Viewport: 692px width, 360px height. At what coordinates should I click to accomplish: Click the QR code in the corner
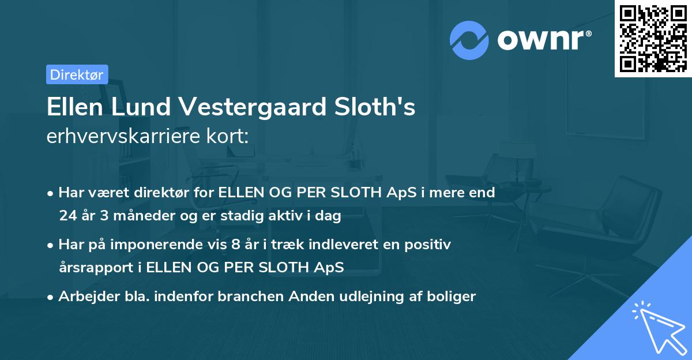(x=653, y=38)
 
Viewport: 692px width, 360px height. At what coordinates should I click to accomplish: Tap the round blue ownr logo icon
(x=469, y=40)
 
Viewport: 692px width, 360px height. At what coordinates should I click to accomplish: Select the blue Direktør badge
(x=77, y=74)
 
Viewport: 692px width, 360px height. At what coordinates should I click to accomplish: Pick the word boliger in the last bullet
(x=454, y=297)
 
